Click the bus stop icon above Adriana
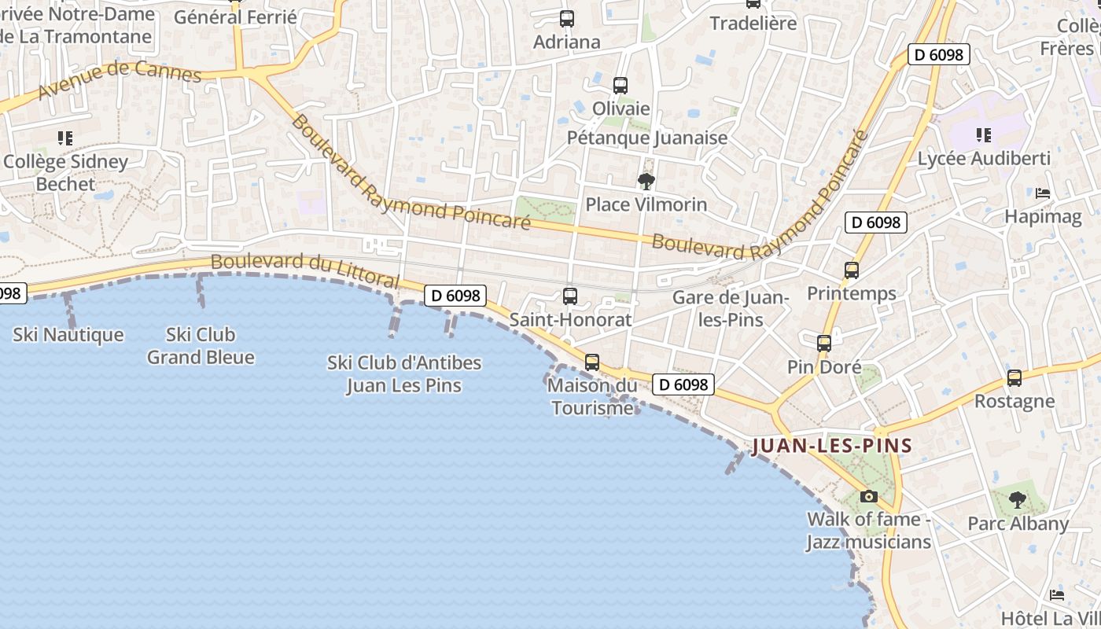pos(566,18)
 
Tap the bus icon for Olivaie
pos(620,85)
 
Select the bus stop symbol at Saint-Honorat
pos(570,296)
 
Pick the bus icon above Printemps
pos(851,270)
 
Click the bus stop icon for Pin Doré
pos(823,344)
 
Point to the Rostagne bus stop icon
pos(1014,378)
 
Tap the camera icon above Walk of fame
pos(868,496)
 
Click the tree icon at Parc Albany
pos(1018,499)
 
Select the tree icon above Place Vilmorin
pos(646,182)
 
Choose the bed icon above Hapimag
pos(1043,193)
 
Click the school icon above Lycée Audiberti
pos(983,135)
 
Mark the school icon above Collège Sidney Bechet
pos(65,138)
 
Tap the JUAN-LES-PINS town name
pos(832,447)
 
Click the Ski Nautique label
pos(68,335)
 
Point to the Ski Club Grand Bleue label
pos(201,346)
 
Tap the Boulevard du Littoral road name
pos(305,270)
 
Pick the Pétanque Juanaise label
pos(647,138)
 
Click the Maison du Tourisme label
pos(592,396)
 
